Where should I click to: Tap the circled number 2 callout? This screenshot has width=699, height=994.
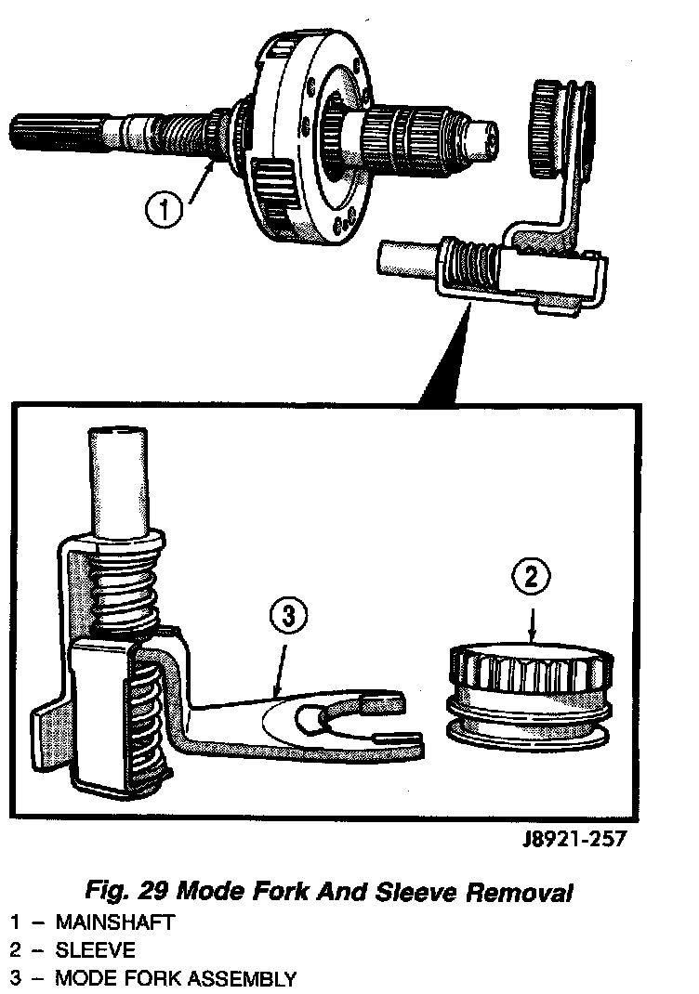tap(531, 577)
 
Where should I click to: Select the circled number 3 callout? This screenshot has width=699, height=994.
tap(288, 618)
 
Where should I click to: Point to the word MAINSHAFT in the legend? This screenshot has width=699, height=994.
tap(114, 922)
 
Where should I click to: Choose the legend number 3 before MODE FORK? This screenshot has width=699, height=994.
tap(16, 978)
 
